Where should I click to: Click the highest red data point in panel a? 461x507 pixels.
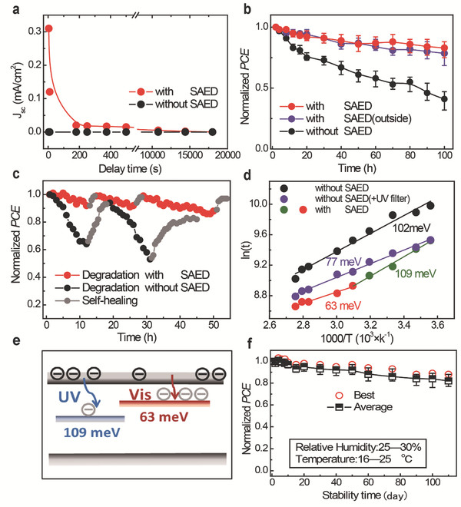click(x=48, y=28)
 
